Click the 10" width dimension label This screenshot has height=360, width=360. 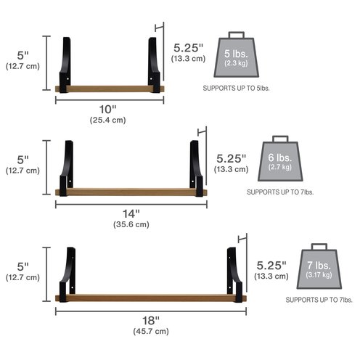(x=108, y=110)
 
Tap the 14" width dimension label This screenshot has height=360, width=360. (x=131, y=213)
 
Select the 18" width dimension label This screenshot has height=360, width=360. (x=151, y=321)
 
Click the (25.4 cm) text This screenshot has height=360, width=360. (x=108, y=120)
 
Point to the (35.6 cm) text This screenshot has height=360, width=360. (x=131, y=224)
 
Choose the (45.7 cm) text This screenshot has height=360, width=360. (x=151, y=331)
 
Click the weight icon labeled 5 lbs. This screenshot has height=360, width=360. (x=237, y=54)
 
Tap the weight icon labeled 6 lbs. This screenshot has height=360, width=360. (x=280, y=158)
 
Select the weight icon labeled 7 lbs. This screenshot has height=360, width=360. (x=319, y=266)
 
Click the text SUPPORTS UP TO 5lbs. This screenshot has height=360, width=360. (x=236, y=89)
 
